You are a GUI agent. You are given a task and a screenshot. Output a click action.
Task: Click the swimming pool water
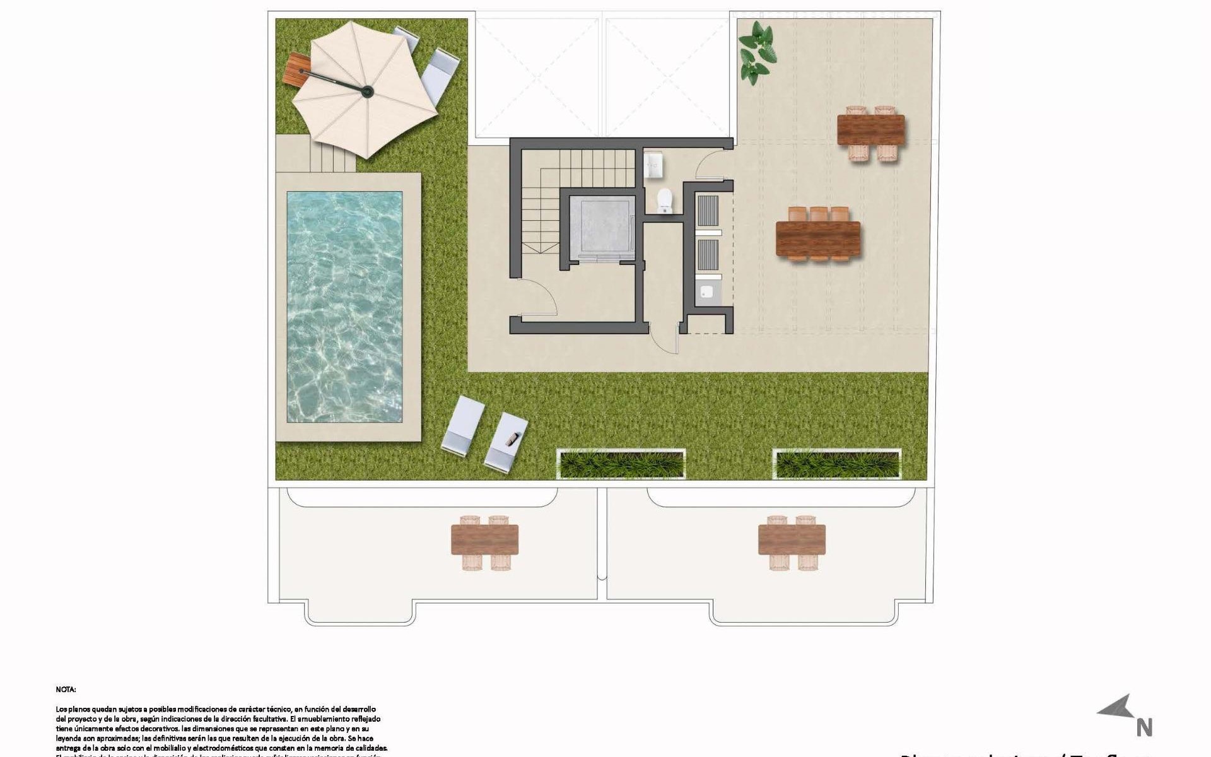345,307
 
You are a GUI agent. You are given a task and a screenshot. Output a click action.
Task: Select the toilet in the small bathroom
665,201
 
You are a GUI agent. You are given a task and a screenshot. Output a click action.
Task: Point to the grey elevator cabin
602,227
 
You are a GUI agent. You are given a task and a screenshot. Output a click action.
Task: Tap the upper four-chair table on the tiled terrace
870,130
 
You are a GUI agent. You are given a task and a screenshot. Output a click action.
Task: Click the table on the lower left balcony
484,541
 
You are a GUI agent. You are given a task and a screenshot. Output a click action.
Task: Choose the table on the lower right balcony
792,541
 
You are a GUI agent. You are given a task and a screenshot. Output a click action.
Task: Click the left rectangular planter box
621,464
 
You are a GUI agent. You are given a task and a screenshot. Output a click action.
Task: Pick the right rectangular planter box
837,464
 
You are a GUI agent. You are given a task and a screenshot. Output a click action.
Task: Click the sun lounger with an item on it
506,441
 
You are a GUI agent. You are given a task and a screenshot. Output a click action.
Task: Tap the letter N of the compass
1144,728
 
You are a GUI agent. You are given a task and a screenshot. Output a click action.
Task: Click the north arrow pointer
1117,707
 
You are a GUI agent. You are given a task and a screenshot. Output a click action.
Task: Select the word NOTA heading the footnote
66,690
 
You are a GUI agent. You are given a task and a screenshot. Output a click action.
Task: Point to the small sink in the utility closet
707,292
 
